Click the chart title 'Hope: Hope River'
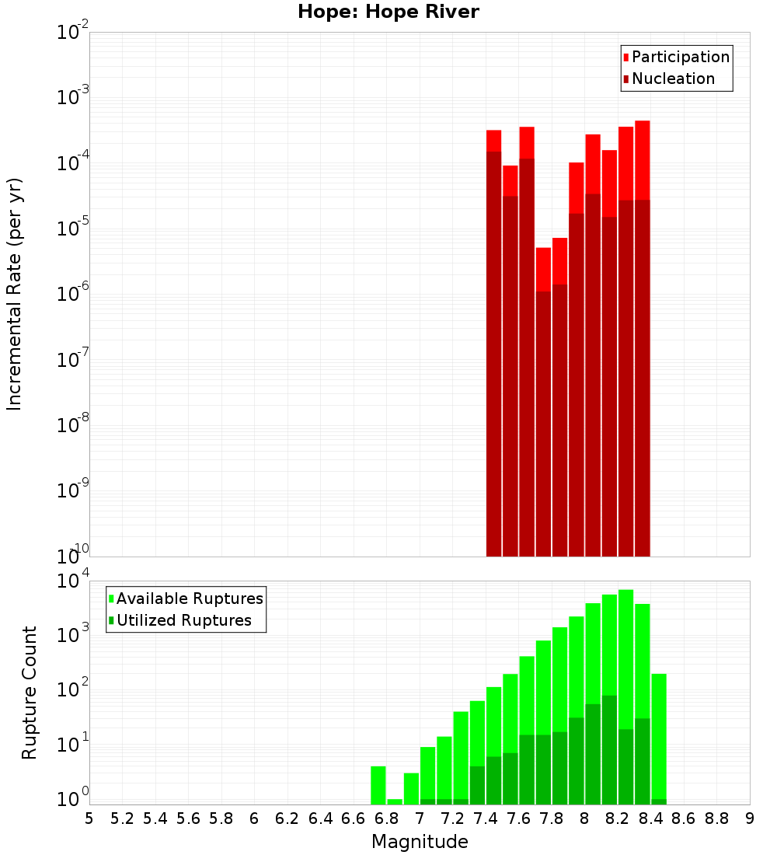[388, 12]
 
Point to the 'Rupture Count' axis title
[30, 693]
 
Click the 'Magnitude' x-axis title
[420, 842]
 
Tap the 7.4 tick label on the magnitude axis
[486, 818]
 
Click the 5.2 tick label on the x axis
[122, 818]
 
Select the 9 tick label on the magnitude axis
[750, 818]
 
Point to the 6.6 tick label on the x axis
[354, 818]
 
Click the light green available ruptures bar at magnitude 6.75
[378, 785]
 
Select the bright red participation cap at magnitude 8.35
[643, 159]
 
